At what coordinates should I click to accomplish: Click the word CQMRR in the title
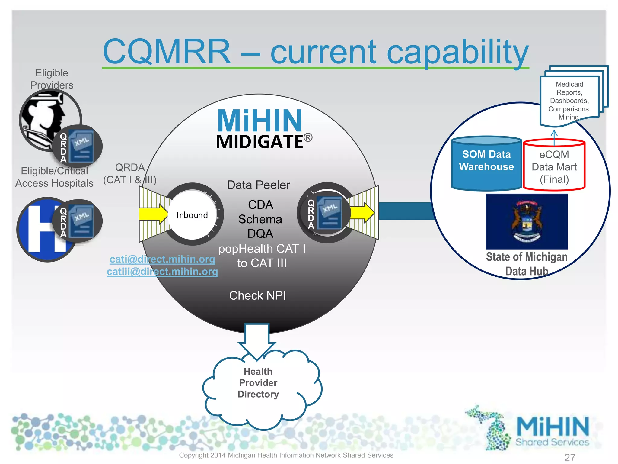click(167, 51)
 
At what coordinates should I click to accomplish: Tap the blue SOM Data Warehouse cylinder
click(486, 165)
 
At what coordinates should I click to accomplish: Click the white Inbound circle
click(192, 215)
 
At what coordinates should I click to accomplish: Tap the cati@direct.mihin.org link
click(162, 259)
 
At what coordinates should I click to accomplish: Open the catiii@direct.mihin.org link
click(162, 272)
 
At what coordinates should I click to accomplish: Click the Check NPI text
click(257, 295)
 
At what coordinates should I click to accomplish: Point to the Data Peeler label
click(258, 185)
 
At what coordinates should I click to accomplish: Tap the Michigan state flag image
click(527, 221)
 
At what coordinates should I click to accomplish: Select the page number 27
click(569, 457)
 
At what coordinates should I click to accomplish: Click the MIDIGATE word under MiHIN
click(260, 142)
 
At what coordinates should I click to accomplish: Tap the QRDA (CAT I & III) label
click(130, 174)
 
